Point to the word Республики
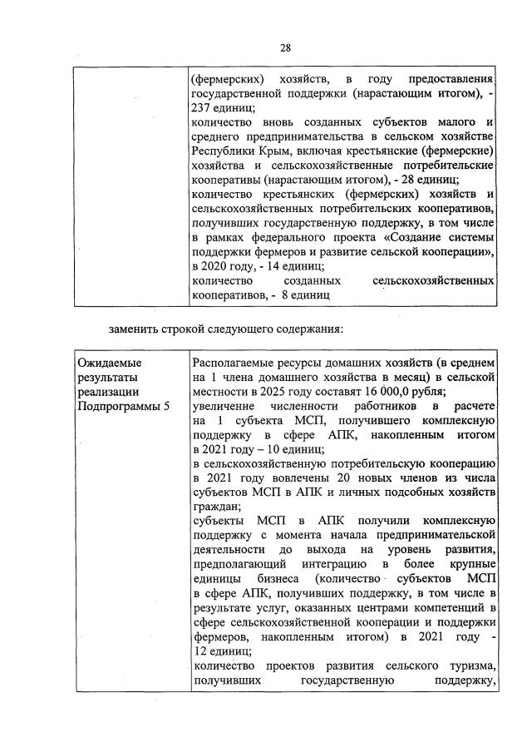pos(221,153)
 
